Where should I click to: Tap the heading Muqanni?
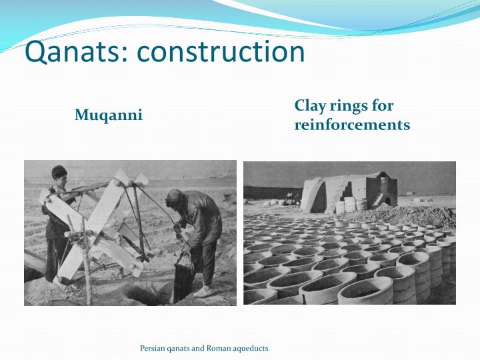coord(108,115)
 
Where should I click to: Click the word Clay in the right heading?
coord(309,106)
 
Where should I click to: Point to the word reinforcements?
coord(352,125)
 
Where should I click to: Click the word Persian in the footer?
coord(152,348)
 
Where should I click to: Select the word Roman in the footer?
coord(217,348)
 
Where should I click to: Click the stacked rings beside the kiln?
coord(347,204)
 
